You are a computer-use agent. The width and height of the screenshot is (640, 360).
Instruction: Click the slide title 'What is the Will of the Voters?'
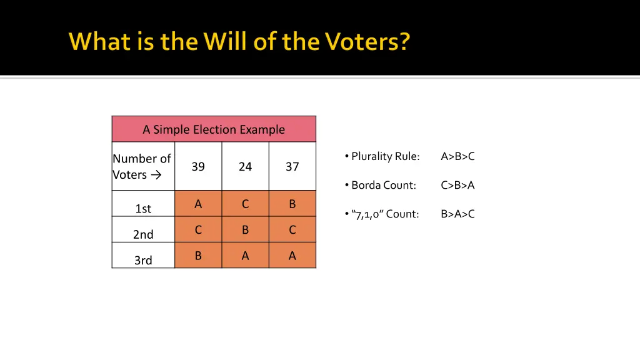click(239, 41)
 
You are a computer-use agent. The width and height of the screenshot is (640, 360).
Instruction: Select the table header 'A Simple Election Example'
click(214, 129)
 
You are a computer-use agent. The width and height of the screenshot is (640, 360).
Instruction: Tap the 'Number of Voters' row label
click(142, 166)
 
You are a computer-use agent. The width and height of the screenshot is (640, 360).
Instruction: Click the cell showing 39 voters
click(198, 166)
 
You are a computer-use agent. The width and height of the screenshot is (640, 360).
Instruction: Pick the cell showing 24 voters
click(245, 166)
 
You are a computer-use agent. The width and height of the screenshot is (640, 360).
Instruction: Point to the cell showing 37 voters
click(292, 166)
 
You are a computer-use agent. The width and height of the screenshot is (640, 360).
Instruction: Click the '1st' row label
click(143, 209)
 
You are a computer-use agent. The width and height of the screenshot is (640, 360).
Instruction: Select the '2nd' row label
click(143, 234)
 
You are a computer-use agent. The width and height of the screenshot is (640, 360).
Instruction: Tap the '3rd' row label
click(143, 260)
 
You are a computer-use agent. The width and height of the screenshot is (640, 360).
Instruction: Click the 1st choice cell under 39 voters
click(198, 204)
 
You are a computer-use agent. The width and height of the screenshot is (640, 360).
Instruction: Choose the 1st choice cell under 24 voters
click(245, 204)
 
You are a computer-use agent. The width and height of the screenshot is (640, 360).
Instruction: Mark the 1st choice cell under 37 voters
click(292, 204)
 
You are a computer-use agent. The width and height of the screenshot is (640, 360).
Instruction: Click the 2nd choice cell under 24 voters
click(245, 230)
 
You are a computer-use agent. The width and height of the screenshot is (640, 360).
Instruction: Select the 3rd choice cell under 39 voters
click(198, 256)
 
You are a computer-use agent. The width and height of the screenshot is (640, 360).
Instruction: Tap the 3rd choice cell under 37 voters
click(292, 256)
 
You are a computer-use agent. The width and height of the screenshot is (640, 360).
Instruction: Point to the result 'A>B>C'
click(457, 156)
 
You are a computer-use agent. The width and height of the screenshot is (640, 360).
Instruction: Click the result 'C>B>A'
click(457, 185)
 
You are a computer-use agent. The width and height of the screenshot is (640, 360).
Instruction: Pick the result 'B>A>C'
click(457, 214)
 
